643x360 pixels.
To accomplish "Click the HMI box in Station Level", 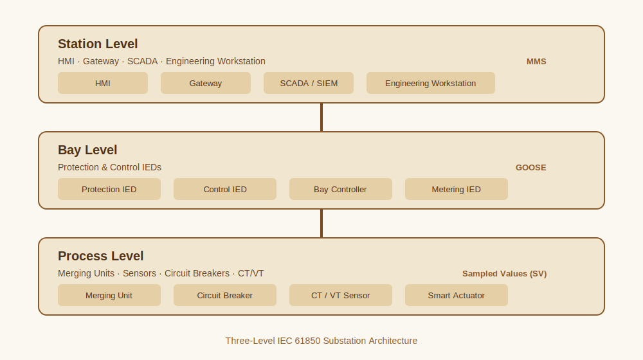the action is coord(102,83).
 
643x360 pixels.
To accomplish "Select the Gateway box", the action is coord(206,83).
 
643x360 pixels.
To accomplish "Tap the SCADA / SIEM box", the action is coord(309,83).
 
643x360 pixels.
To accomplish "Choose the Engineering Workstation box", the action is coord(431,83).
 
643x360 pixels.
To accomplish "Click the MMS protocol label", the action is coord(536,62).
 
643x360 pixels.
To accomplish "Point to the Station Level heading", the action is coord(98,44).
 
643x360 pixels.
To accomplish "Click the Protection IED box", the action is coord(109,189).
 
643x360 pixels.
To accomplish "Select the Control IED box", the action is coord(224,189).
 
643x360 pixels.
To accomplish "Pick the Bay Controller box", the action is coord(340,189).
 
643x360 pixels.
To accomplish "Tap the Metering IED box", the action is coord(457,189).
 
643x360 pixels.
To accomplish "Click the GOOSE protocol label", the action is coord(530,168).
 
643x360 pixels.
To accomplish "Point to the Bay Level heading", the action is coord(87,150).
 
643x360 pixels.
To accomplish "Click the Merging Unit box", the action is coord(109,295).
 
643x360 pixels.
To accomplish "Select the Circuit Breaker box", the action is coord(224,295).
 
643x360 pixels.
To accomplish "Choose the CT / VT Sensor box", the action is coord(340,295).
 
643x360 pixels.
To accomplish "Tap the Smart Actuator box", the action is coord(457,295).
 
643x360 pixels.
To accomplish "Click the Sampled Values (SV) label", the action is coord(504,273).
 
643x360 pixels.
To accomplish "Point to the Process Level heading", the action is coord(100,256).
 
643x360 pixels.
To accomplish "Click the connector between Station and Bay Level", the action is coord(321,117).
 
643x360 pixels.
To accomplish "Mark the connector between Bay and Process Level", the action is coord(321,224).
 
